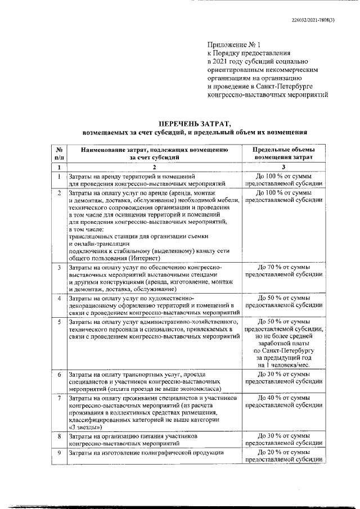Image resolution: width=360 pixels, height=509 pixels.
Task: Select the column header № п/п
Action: [x=58, y=154]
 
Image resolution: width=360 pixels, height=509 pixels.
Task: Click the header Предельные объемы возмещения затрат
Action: [x=283, y=154]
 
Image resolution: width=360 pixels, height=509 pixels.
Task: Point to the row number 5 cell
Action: [x=58, y=322]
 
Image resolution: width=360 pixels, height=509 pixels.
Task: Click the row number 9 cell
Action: [x=58, y=453]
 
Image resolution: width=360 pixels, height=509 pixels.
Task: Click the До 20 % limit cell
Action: [x=283, y=456]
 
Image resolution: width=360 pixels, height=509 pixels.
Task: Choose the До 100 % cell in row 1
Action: [x=283, y=179]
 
